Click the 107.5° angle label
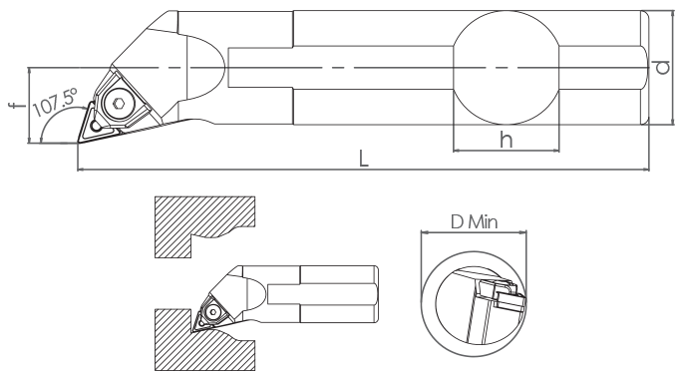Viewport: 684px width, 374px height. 55,102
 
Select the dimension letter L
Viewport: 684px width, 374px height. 363,159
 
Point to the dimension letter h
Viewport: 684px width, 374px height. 507,140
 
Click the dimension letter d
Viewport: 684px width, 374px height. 663,67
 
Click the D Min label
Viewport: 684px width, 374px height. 474,222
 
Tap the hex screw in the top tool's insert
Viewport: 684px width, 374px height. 118,104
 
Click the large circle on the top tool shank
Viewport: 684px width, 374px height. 507,68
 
